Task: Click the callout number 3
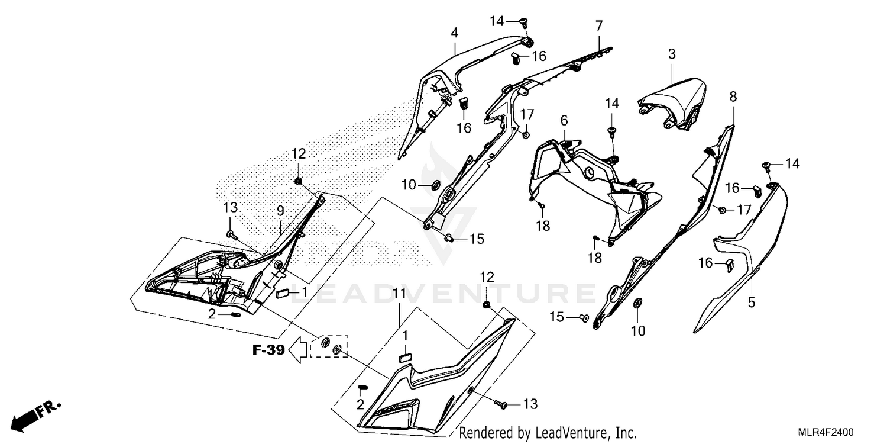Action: point(672,54)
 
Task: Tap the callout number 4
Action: point(454,33)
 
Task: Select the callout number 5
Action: point(751,303)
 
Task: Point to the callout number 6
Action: point(564,120)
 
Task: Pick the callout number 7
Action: point(599,25)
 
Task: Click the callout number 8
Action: point(733,96)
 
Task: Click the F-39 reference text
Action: point(268,350)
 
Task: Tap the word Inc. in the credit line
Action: point(624,433)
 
